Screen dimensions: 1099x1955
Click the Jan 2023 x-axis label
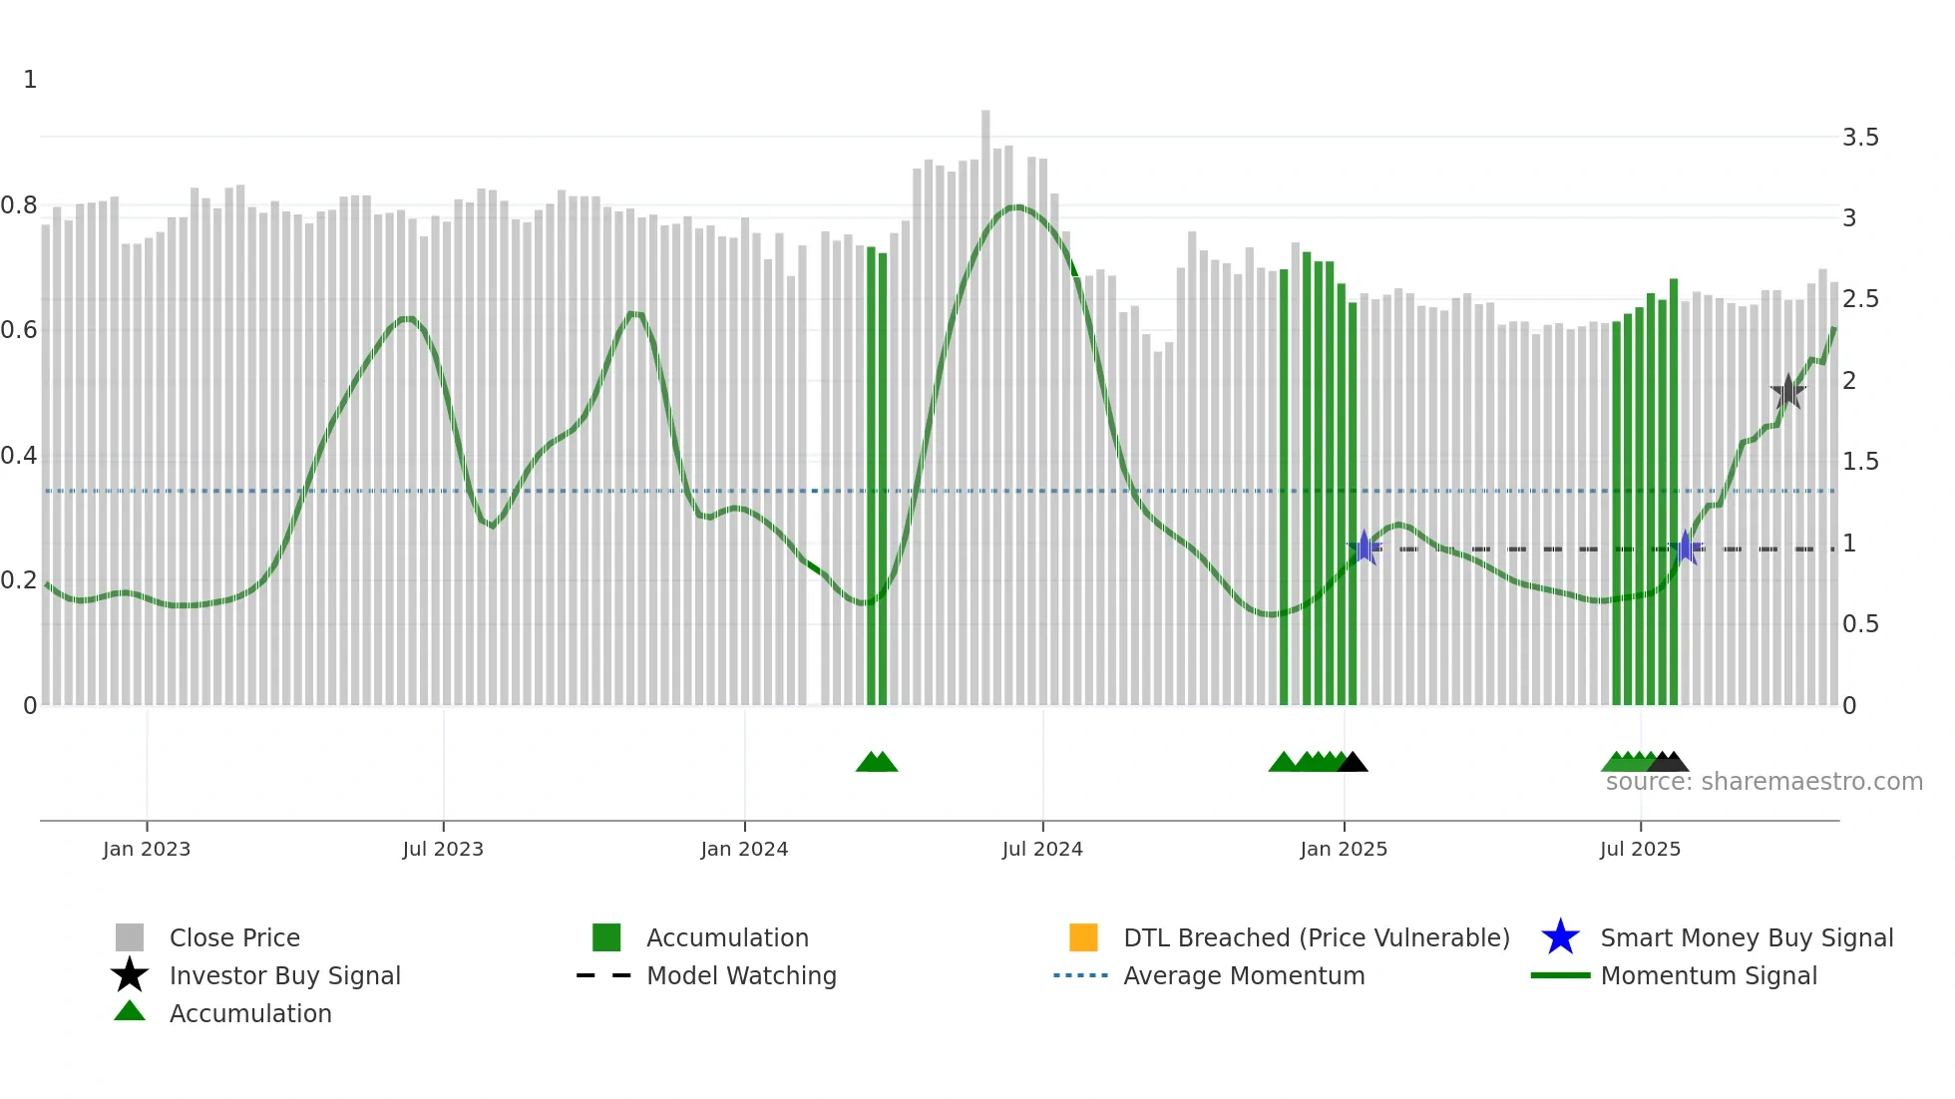click(146, 850)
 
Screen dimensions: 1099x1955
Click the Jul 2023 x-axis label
click(443, 850)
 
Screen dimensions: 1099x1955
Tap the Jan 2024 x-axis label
click(744, 850)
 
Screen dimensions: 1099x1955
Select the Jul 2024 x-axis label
click(1042, 850)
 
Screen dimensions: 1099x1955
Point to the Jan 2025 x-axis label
click(1344, 850)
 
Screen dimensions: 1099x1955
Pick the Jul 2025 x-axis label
click(1640, 850)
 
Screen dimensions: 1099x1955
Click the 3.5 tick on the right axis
click(1860, 138)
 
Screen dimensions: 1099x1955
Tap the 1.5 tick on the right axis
click(1860, 462)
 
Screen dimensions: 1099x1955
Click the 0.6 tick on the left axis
click(19, 330)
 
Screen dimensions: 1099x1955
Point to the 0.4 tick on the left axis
click(19, 456)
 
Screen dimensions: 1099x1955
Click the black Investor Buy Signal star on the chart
click(1788, 392)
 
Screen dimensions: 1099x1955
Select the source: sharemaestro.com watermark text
click(1763, 782)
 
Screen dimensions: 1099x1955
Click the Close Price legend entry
click(234, 938)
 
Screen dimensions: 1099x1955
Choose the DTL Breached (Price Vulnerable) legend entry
click(1316, 938)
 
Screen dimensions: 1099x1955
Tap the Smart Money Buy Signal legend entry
click(1746, 938)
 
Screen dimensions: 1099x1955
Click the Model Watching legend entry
click(741, 976)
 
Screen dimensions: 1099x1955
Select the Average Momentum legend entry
click(1243, 976)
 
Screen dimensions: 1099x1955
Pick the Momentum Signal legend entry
click(1708, 976)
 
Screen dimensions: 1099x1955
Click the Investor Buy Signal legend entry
click(284, 976)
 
